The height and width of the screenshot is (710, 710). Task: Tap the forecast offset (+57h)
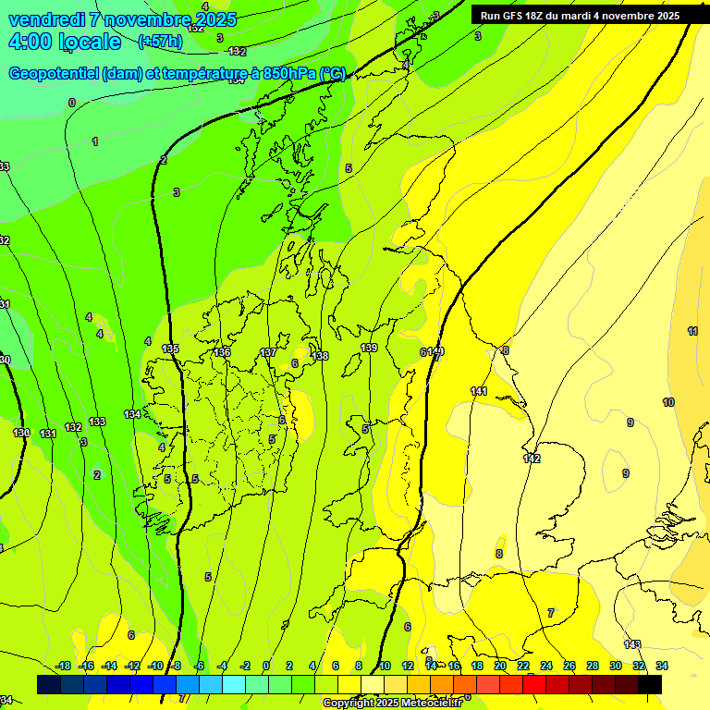[160, 42]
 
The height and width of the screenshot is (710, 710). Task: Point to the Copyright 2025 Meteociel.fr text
[392, 704]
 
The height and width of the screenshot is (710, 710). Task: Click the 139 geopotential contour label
[369, 348]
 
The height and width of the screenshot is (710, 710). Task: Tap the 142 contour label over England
[532, 459]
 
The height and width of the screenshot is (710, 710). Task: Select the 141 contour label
[479, 391]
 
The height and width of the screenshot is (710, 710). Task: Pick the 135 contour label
[170, 349]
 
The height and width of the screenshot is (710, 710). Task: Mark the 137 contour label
[268, 352]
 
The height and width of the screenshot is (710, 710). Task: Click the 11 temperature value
[692, 331]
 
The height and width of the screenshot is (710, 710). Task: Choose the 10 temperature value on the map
[668, 402]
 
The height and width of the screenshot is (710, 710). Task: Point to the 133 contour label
[97, 422]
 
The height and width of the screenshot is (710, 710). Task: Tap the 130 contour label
[21, 433]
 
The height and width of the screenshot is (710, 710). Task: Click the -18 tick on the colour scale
[64, 666]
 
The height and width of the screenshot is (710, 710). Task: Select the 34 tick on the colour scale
[662, 666]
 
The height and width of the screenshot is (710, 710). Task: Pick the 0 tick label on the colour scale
[265, 666]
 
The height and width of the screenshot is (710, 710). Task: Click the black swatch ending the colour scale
[650, 684]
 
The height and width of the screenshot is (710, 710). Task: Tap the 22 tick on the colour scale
[523, 666]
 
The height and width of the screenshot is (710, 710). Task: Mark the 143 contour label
[632, 644]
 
